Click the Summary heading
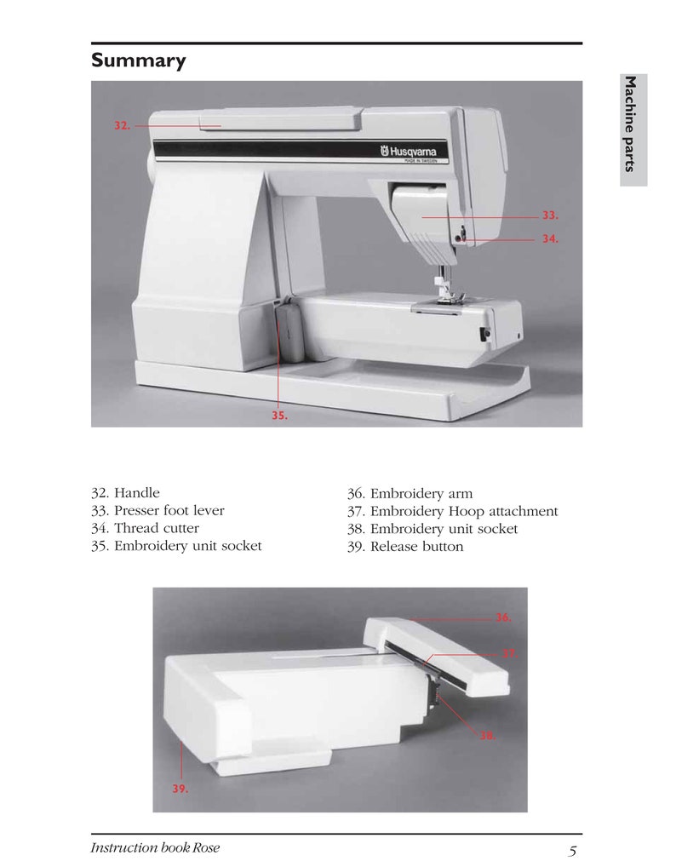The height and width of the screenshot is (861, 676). pos(138,61)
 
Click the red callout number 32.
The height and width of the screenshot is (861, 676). pos(122,125)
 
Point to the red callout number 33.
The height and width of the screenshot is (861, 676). pos(550,217)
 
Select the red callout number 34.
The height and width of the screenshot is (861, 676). pos(550,239)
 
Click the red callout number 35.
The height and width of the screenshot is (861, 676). pos(279,416)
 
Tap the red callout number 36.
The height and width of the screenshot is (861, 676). pos(503,617)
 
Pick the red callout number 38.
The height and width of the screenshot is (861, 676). pos(488,735)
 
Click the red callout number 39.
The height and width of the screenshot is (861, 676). pos(180,789)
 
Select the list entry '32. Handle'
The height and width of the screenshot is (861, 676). pos(125,493)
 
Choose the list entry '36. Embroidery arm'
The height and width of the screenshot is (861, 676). pos(410,494)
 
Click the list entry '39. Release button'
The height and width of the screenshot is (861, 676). pos(405,547)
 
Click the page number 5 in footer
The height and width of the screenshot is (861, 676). pos(573,850)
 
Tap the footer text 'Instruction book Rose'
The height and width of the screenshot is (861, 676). pos(154,848)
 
